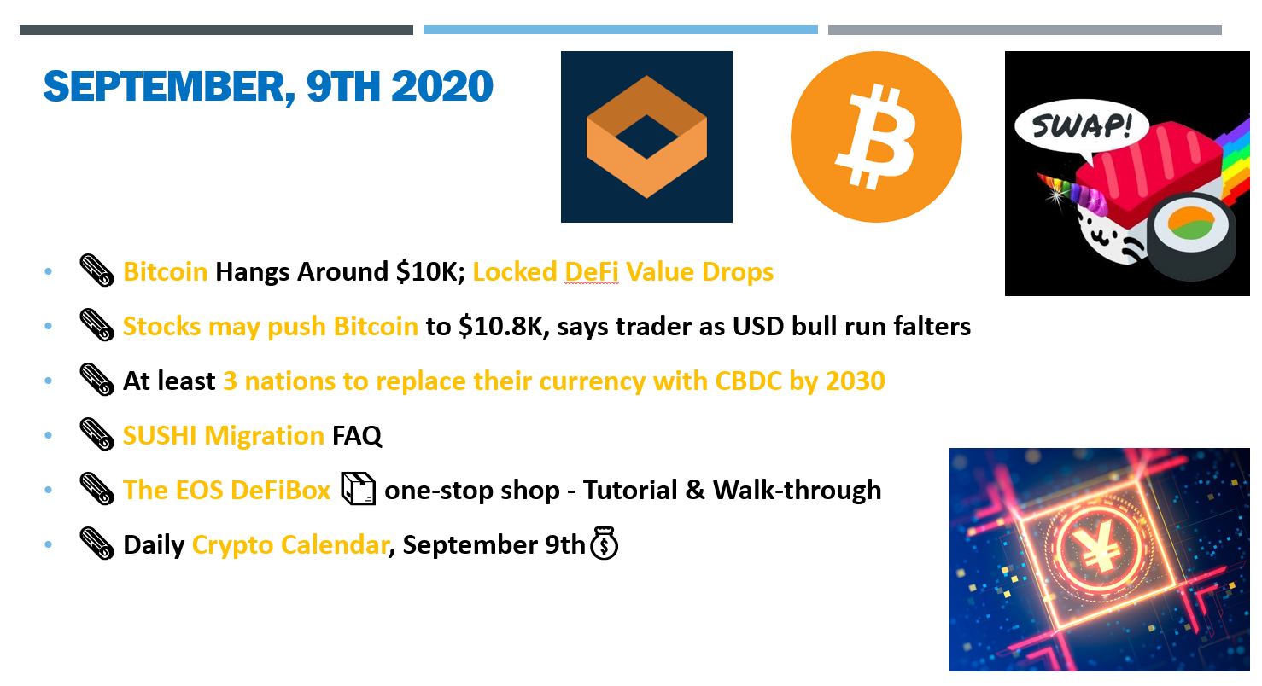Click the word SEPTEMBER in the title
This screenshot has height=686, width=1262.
168,86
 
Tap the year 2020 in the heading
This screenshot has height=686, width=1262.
441,86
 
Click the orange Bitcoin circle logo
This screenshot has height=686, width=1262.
876,137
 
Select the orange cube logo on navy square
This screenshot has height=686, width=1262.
646,137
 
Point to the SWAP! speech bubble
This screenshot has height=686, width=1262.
1081,126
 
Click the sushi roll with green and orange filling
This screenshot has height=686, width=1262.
1190,235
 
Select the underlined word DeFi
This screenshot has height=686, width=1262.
592,272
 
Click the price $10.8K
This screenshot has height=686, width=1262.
500,327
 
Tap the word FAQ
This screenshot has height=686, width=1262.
357,435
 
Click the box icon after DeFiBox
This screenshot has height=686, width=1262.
358,488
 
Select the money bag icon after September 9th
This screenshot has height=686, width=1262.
604,543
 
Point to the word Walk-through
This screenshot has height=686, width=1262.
797,490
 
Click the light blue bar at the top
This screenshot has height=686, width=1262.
620,29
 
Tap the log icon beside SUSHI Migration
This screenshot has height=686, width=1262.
96,434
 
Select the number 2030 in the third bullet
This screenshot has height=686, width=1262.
856,381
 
